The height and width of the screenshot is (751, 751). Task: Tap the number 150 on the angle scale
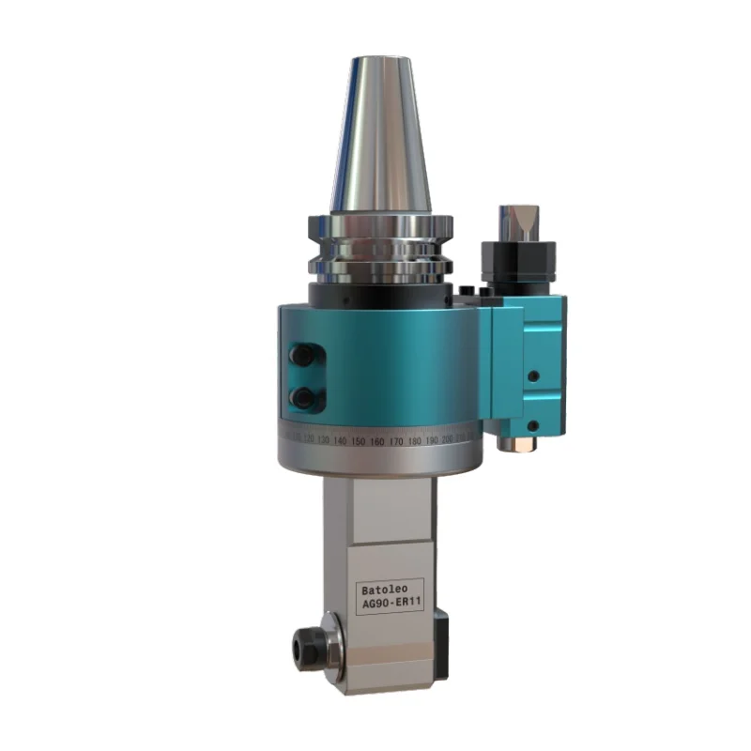[x=358, y=440]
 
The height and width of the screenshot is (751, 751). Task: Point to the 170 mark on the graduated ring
[x=395, y=440]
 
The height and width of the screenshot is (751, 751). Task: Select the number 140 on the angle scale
[x=340, y=439]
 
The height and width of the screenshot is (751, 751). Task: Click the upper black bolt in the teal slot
[x=303, y=356]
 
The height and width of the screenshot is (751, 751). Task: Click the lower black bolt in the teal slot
[x=303, y=398]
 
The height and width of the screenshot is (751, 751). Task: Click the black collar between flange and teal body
[x=380, y=294]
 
